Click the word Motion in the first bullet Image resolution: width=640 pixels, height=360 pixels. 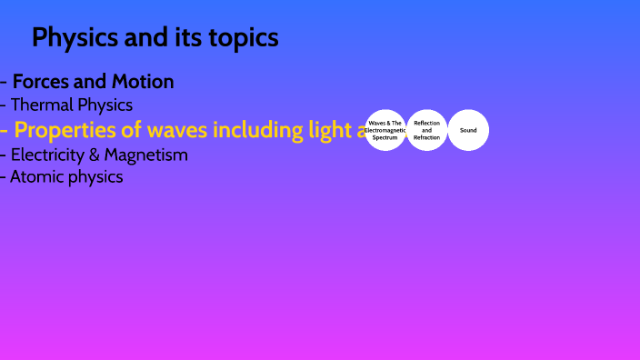143,82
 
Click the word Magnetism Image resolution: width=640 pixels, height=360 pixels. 145,155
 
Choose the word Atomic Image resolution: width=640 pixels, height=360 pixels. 37,177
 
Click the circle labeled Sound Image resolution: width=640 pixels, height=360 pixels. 468,130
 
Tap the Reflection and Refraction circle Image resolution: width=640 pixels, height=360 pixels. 426,130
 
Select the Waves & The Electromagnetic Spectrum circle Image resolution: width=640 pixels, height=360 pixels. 385,130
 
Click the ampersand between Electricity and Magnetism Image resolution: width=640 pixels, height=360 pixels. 93,155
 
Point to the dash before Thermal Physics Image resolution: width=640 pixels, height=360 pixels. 3,105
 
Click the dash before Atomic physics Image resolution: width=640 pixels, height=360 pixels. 3,177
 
